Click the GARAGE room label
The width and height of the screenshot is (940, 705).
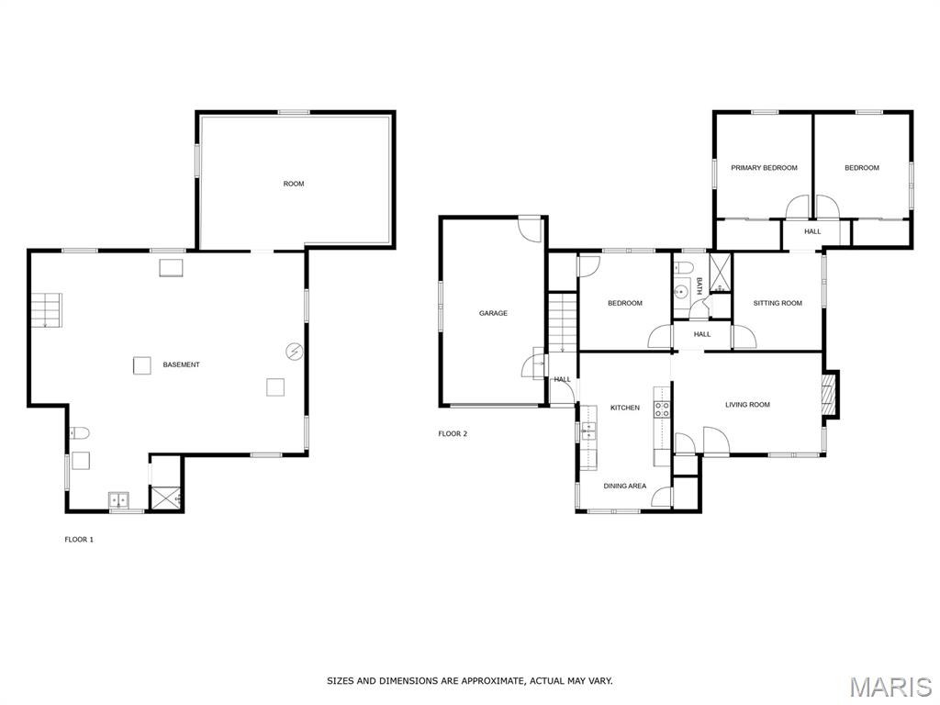[x=493, y=313]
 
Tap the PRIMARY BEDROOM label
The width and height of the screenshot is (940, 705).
[x=764, y=168]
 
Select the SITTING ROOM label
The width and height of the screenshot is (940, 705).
[x=778, y=303]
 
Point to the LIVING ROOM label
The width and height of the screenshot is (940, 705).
[x=747, y=404]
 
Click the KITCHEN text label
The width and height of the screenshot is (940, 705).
[x=625, y=408]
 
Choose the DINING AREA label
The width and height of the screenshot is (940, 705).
[x=624, y=486]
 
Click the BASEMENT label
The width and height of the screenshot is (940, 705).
[x=181, y=364]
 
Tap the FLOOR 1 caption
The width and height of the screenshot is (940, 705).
[x=79, y=540]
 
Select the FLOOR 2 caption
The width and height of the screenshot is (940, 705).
[x=453, y=433]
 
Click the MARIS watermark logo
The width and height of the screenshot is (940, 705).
[x=890, y=687]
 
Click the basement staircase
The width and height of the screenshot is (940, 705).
[x=45, y=310]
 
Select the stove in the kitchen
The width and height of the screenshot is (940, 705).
[x=661, y=409]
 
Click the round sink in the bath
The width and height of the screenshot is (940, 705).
[x=680, y=293]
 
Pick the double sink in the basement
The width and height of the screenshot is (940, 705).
[x=120, y=499]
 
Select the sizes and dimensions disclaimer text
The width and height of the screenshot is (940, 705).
[x=469, y=680]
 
